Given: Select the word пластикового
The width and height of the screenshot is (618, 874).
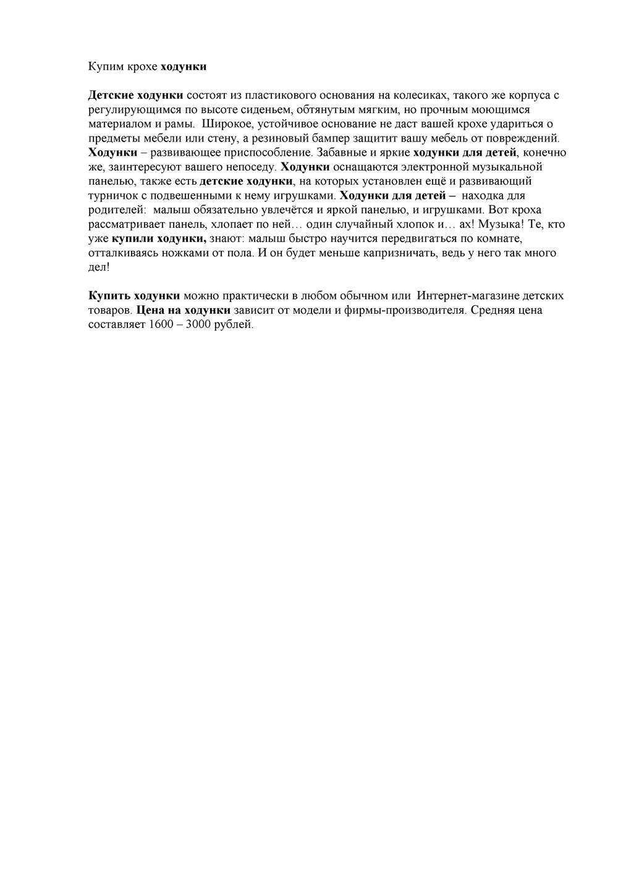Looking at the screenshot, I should click(x=281, y=95).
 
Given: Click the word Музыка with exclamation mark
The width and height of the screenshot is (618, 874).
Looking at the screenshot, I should click(x=500, y=224).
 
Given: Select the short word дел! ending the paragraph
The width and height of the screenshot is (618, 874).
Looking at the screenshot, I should click(x=99, y=267).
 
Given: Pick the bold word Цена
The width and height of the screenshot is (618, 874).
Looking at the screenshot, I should click(x=151, y=310).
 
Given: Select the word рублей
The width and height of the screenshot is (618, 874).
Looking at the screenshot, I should click(x=234, y=325).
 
